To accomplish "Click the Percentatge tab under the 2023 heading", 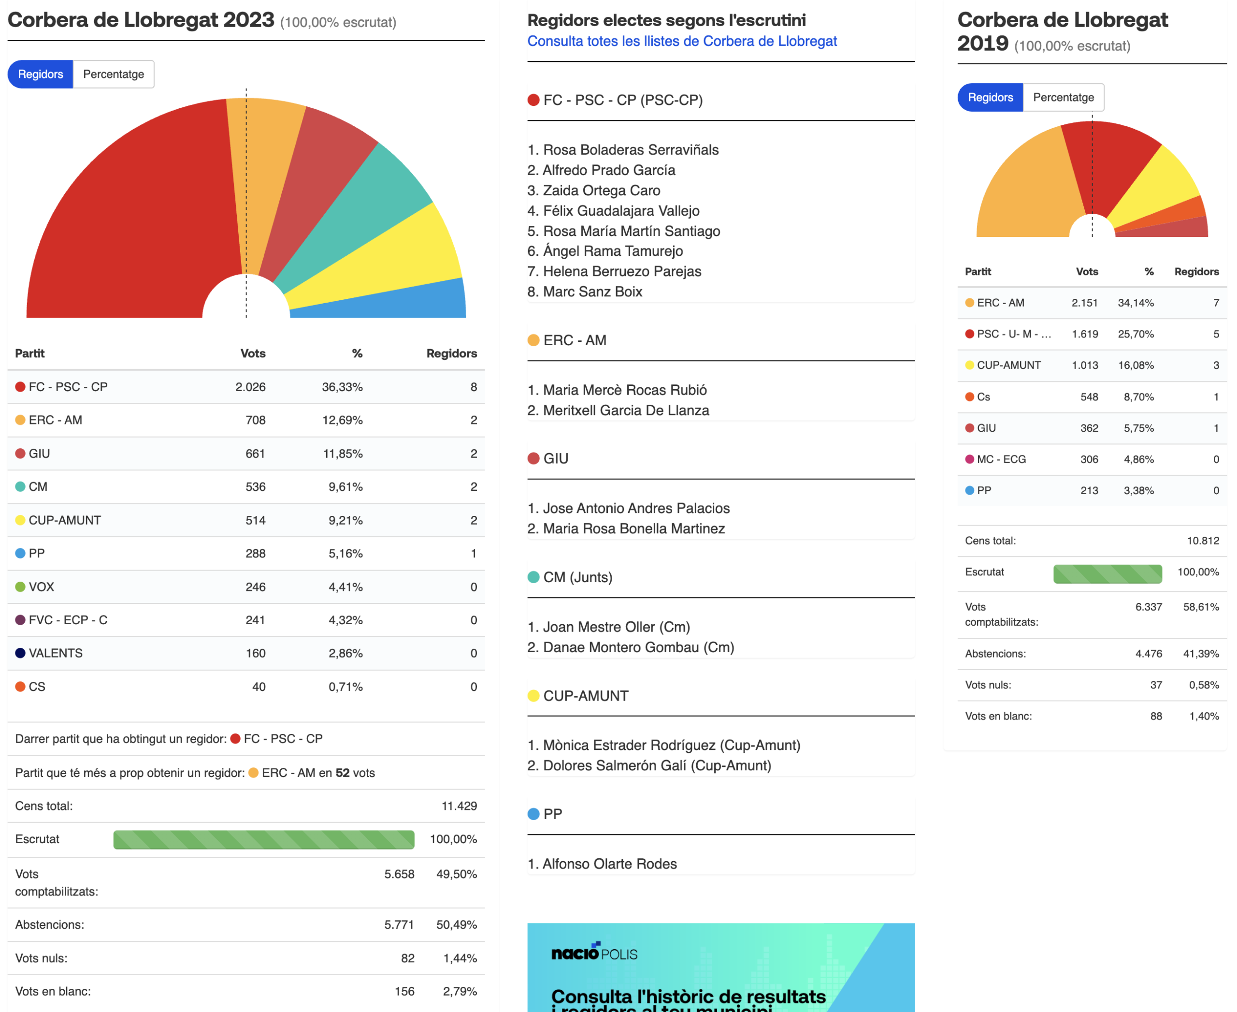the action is pos(114,74).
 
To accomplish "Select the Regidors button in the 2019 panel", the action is pos(990,97).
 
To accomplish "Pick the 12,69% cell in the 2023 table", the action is pos(343,420).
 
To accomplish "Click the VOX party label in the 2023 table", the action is pos(42,587).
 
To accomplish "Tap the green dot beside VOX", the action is pos(20,587).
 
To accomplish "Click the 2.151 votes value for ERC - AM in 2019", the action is pos(1084,303).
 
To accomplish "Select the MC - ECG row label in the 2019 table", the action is pos(1001,459).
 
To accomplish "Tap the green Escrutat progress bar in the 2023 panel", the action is pos(264,839).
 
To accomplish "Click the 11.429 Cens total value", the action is pos(459,806).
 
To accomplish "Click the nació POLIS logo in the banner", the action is pos(594,952).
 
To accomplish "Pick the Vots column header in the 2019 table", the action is pos(1087,272).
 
